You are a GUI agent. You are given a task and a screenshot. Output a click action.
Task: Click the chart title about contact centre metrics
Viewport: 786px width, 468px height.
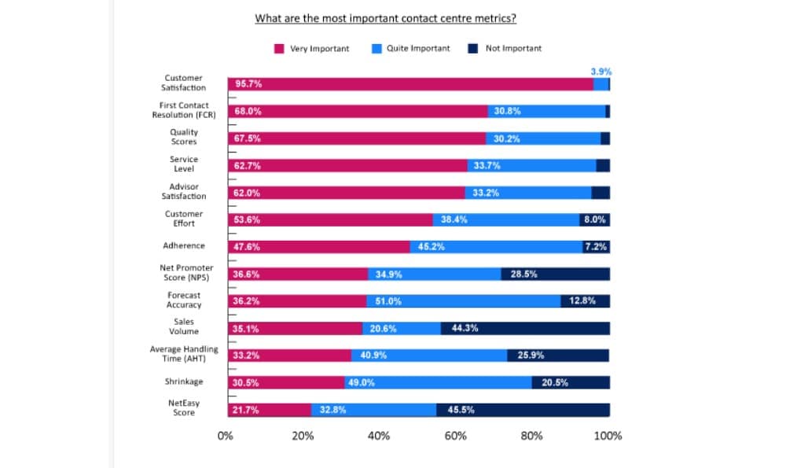[x=391, y=18]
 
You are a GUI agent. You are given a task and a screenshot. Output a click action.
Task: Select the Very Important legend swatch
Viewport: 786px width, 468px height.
[x=279, y=49]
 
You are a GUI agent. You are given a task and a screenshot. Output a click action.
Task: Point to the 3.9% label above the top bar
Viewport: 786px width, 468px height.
[x=601, y=72]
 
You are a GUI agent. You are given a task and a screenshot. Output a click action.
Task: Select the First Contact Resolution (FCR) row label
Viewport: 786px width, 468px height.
[x=184, y=110]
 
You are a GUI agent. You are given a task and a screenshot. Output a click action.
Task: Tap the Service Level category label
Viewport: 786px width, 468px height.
[x=184, y=164]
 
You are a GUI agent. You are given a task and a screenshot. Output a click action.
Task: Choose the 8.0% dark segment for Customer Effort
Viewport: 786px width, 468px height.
[x=594, y=220]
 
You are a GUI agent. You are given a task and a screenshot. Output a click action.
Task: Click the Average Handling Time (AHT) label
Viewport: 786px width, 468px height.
[x=184, y=354]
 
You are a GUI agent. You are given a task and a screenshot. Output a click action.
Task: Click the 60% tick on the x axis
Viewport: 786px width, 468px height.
[x=455, y=436]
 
